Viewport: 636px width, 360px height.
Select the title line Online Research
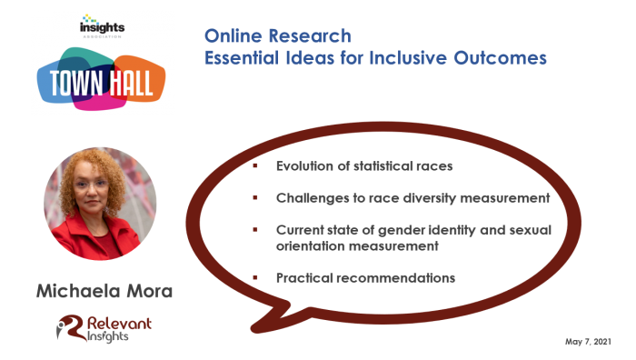(x=277, y=36)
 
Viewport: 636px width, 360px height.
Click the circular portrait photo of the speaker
(x=100, y=204)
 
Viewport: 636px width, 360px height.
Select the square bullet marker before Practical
(x=255, y=278)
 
